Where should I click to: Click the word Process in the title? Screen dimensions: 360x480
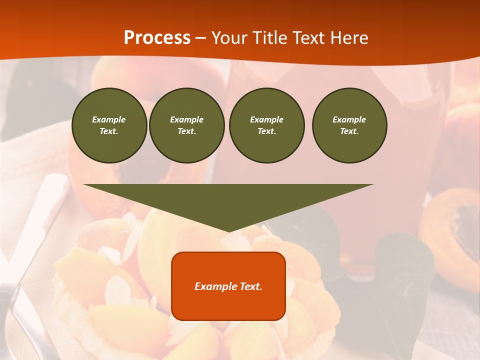tap(157, 38)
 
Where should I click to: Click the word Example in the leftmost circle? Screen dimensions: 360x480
tap(109, 119)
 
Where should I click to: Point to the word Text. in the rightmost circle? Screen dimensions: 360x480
tap(349, 131)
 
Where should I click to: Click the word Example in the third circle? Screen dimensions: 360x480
tap(266, 119)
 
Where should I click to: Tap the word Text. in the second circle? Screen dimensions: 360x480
tap(187, 131)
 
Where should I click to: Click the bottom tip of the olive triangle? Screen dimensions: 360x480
tap(228, 230)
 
